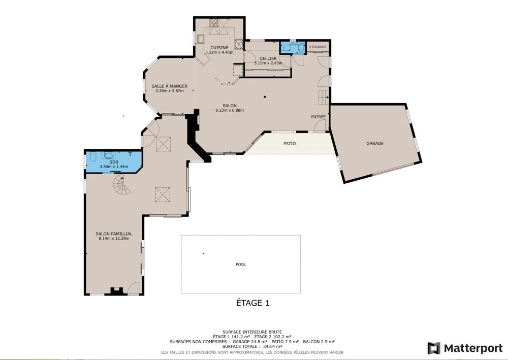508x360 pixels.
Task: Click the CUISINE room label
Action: [x=219, y=47]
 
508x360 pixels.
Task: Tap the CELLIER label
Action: [x=268, y=58]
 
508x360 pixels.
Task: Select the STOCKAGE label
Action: [x=317, y=47]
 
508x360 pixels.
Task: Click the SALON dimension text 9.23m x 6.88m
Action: [x=230, y=110]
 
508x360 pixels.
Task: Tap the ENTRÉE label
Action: [x=319, y=117]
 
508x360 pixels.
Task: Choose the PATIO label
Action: [x=290, y=144]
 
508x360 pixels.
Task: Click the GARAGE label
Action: [x=375, y=143]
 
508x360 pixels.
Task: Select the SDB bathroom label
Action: [x=113, y=161]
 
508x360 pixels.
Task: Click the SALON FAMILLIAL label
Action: [x=114, y=234]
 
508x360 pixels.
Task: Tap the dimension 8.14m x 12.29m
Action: [x=114, y=238]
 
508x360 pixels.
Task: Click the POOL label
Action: [x=241, y=264]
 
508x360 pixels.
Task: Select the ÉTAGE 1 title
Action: [x=252, y=303]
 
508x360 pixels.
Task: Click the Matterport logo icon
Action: [x=433, y=348]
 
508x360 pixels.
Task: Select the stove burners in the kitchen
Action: [x=214, y=22]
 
